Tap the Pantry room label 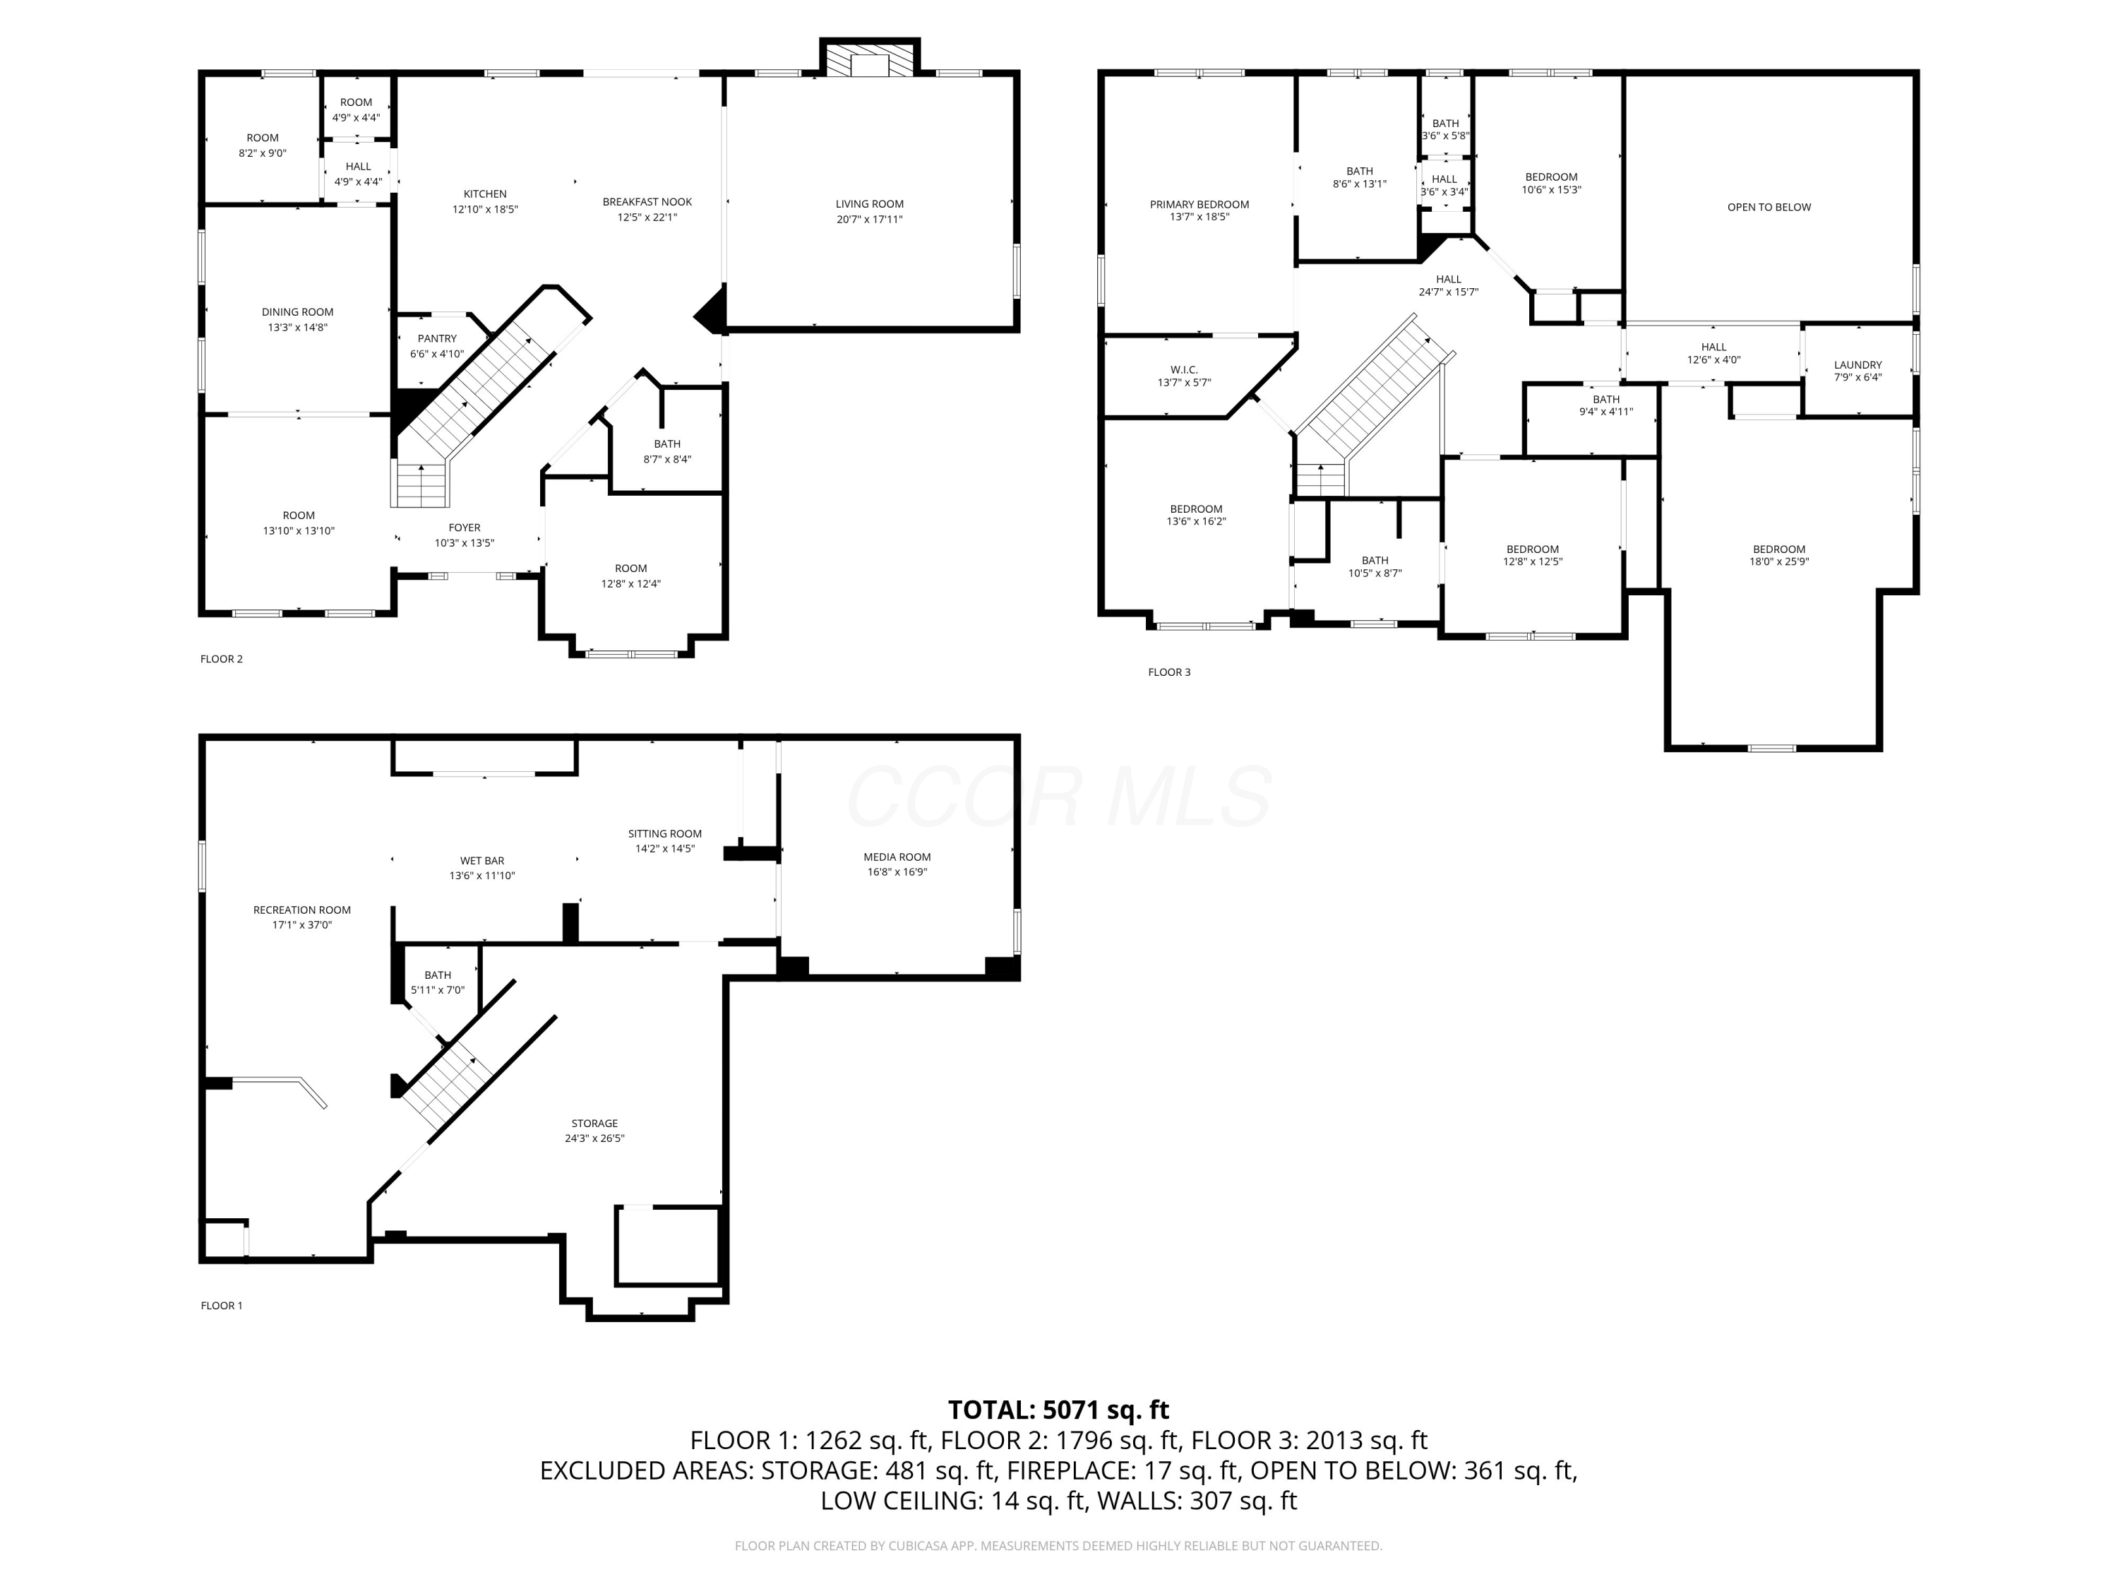(436, 339)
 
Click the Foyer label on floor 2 (465, 528)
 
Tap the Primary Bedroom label (1199, 204)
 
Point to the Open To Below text (1769, 207)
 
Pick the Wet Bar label (481, 861)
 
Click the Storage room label (594, 1124)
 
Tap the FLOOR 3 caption (1169, 672)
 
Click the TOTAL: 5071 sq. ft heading (1058, 1410)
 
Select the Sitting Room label (664, 834)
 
